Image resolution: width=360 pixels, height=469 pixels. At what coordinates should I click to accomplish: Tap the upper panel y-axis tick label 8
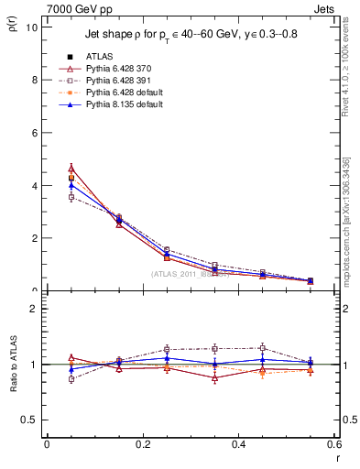point(34,80)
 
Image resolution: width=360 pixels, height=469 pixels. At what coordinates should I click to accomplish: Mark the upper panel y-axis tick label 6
point(34,133)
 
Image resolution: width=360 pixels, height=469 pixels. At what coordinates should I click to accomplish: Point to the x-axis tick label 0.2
point(142,443)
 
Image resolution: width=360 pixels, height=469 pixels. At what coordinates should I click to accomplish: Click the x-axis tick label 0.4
point(238,443)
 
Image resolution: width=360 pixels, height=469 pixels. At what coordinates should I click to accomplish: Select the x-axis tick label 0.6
point(333,443)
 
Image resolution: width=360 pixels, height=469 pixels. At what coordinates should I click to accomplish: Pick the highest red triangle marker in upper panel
point(71,169)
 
